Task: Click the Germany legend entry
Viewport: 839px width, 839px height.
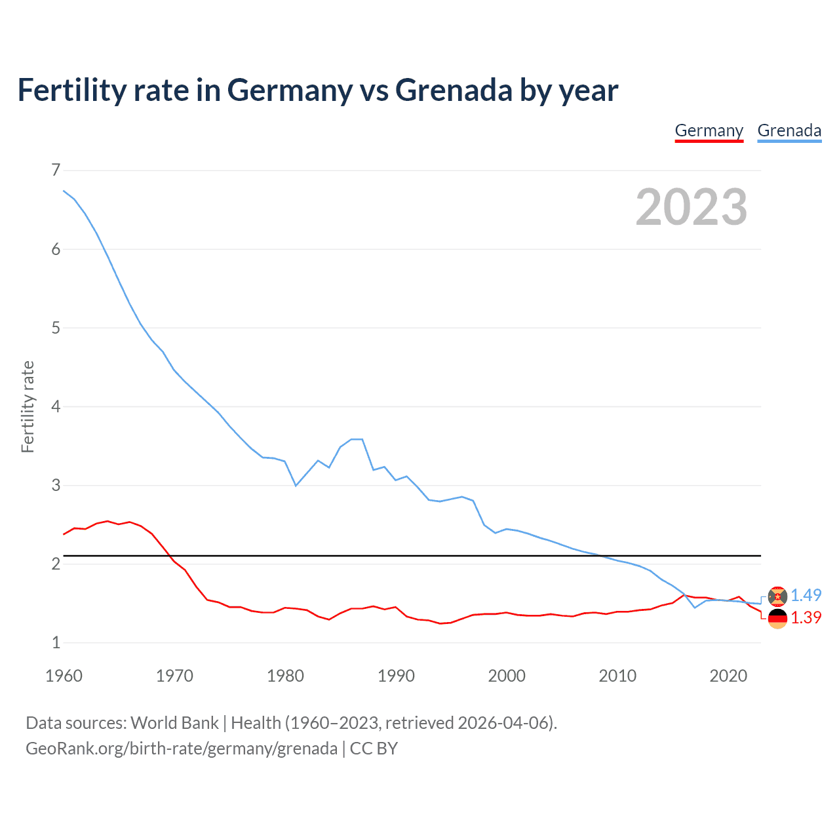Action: tap(709, 130)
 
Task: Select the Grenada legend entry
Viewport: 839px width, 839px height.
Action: tap(789, 130)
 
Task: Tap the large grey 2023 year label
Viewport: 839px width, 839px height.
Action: tap(691, 207)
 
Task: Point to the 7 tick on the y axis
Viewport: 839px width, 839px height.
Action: tap(56, 170)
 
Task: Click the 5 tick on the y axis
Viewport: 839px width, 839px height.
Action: tap(56, 328)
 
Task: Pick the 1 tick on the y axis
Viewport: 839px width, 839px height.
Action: tap(56, 642)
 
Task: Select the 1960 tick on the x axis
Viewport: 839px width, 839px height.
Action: tap(64, 676)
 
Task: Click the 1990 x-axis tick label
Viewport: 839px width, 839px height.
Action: tap(396, 676)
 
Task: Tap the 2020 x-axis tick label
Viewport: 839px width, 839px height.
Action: tap(728, 676)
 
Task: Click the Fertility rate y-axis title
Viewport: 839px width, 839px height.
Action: tap(28, 406)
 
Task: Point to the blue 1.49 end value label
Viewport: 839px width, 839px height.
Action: tap(806, 595)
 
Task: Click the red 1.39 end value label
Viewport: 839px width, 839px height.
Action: tap(806, 617)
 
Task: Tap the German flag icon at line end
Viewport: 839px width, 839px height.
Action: tap(777, 618)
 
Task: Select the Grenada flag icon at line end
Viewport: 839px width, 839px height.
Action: tap(777, 596)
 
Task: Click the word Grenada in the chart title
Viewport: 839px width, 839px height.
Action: tap(454, 90)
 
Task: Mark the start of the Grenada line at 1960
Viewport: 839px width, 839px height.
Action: tap(64, 191)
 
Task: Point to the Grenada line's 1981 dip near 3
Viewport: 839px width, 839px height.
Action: tap(296, 485)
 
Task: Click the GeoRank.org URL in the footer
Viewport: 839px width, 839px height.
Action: tap(181, 749)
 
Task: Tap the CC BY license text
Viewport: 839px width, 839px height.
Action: tap(374, 749)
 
